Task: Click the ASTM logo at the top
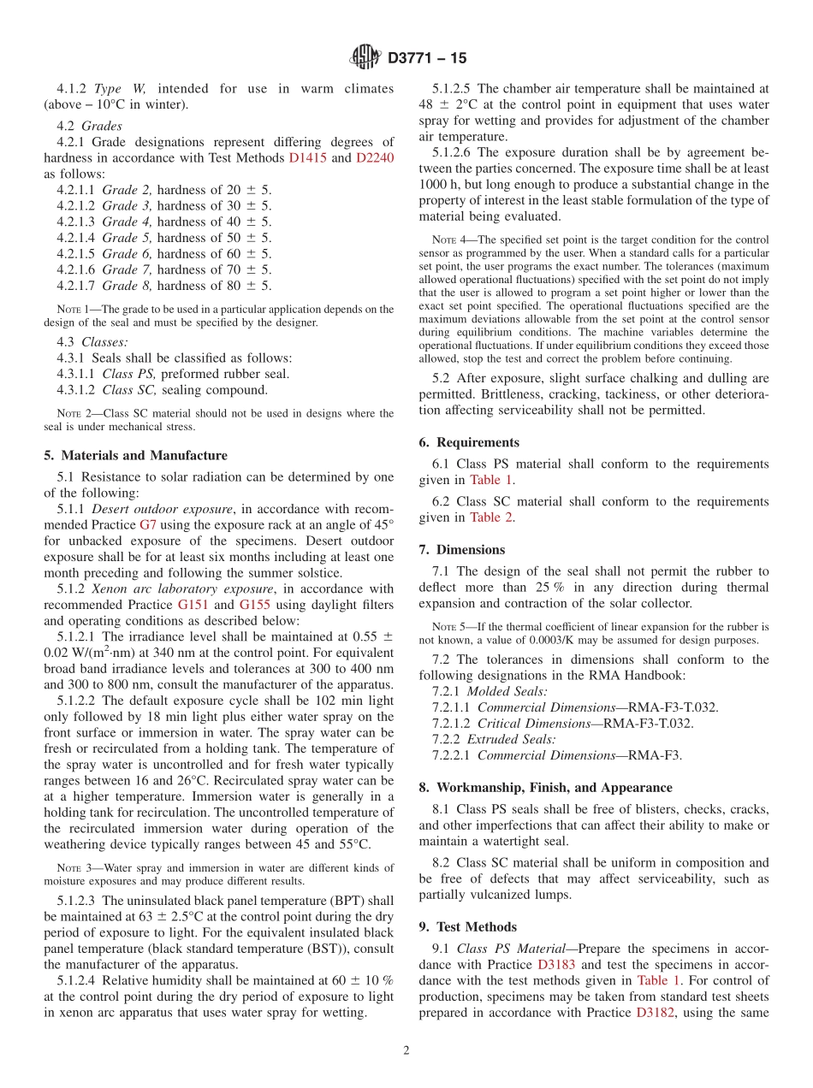(365, 57)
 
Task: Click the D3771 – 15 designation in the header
(427, 58)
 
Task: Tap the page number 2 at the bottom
(406, 1050)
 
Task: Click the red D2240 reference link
(375, 157)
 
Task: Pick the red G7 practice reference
(148, 524)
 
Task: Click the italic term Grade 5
(127, 238)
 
